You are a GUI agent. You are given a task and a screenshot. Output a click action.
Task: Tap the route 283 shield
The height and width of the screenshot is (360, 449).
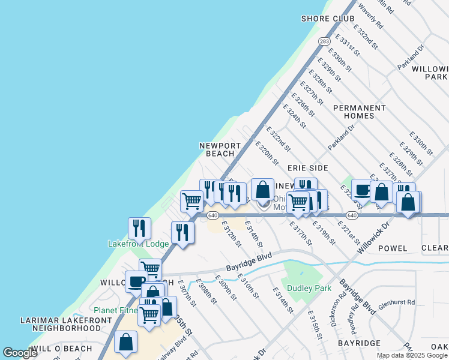click(x=324, y=41)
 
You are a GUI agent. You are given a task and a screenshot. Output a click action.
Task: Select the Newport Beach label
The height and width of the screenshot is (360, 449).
click(x=220, y=149)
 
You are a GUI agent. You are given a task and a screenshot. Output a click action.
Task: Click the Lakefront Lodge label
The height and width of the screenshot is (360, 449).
click(x=138, y=244)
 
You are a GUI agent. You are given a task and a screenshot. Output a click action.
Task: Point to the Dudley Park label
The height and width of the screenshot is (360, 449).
click(x=309, y=288)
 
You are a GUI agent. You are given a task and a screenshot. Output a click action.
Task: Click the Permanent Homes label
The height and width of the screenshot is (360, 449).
click(x=360, y=112)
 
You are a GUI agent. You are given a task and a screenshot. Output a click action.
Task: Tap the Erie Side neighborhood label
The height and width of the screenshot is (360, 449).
click(x=307, y=168)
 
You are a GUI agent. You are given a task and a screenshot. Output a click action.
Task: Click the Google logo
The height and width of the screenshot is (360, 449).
click(x=20, y=353)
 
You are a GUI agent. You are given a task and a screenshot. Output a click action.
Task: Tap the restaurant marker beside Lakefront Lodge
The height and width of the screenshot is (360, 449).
click(x=139, y=228)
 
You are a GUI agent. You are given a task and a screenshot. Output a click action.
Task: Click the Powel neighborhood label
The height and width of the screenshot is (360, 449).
click(x=393, y=248)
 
